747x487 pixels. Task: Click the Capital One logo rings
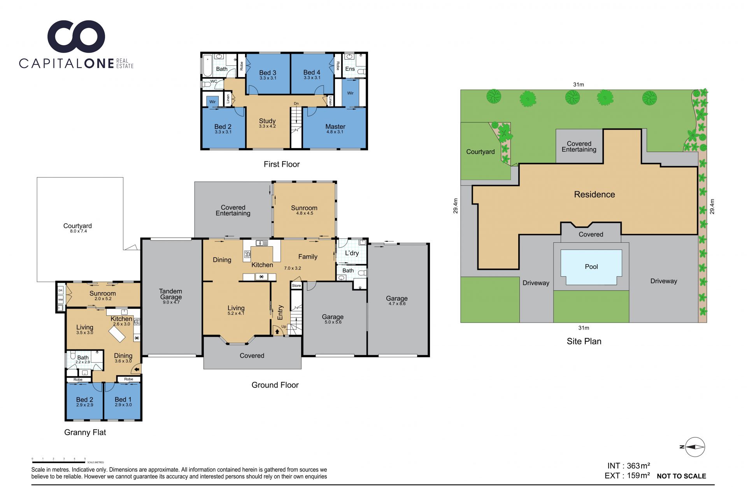(76, 36)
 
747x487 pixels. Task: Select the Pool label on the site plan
(591, 267)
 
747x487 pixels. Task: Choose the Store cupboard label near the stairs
(296, 286)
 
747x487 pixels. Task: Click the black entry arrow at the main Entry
(277, 331)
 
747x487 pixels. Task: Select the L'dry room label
(352, 253)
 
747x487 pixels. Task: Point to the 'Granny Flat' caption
(85, 432)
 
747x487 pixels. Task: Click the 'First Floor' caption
(282, 164)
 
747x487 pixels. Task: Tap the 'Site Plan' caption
(584, 341)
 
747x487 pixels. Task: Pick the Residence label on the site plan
(594, 194)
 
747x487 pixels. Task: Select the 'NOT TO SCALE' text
(681, 476)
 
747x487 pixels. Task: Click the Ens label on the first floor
(350, 69)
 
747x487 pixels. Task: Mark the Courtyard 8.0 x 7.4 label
(77, 228)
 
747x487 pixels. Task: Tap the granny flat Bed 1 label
(123, 401)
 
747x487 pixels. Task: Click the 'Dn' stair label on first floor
(296, 104)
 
